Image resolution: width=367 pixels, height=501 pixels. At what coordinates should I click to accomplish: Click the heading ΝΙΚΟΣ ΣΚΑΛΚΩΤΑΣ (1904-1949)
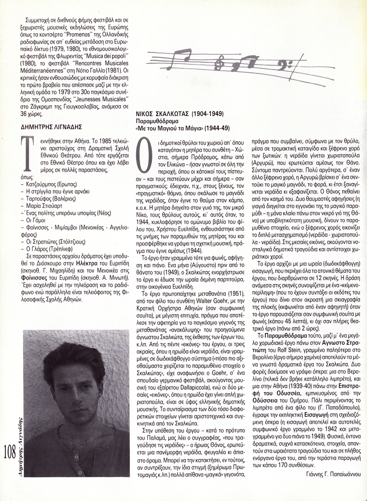180,114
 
